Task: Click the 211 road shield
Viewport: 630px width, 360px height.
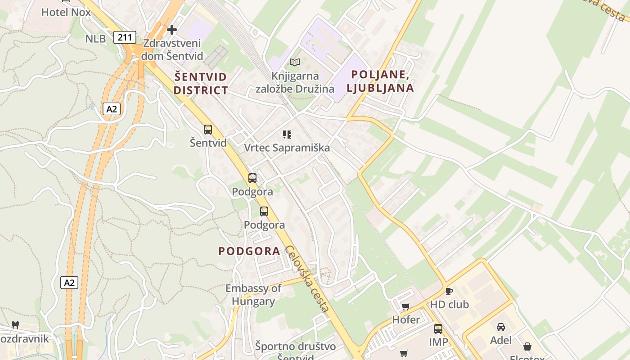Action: tap(125, 37)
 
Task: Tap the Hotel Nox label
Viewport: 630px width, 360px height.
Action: tap(66, 12)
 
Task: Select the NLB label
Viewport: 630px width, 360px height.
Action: tap(95, 39)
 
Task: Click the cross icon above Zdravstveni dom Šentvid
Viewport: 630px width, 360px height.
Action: tap(171, 30)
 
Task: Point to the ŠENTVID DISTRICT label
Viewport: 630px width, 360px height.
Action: tap(201, 83)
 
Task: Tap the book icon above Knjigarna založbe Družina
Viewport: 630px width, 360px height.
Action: tap(295, 63)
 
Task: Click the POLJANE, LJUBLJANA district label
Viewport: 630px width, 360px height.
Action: tap(380, 81)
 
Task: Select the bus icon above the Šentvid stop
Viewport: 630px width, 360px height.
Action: tap(208, 130)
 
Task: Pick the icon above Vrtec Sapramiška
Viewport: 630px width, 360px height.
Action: tap(287, 134)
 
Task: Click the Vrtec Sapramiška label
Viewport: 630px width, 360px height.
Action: tap(287, 148)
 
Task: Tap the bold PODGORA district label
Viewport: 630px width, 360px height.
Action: tap(249, 251)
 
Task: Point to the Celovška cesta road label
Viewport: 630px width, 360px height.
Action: tap(307, 279)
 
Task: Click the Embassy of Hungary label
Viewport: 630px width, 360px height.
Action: tap(253, 295)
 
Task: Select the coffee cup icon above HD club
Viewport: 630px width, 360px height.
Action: tap(449, 291)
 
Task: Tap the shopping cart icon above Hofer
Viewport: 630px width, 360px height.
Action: tap(406, 307)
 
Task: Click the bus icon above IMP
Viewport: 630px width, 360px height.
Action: tap(438, 329)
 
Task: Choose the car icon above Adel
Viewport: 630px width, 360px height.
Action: tap(501, 327)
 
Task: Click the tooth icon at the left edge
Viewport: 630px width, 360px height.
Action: tap(15, 325)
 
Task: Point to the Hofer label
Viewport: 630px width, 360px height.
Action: tap(406, 320)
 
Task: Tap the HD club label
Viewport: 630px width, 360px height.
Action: tap(449, 305)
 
